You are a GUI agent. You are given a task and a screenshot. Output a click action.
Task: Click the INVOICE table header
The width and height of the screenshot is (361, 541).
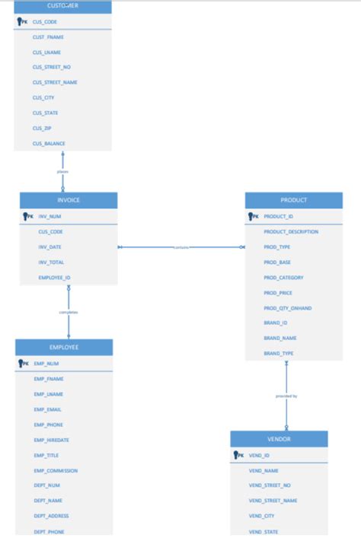(69, 200)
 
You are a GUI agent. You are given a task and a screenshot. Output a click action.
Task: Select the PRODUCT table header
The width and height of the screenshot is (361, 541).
(293, 200)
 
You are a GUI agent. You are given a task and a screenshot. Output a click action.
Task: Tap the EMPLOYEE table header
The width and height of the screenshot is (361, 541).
(64, 347)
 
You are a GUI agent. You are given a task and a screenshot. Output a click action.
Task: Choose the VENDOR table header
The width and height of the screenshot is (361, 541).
(279, 439)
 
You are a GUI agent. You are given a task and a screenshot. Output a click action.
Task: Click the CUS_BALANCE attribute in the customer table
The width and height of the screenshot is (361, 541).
(49, 144)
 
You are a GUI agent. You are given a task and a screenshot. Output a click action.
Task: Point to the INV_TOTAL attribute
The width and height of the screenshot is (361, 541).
(51, 263)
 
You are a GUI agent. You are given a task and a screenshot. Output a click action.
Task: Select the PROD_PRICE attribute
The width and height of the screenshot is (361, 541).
(278, 293)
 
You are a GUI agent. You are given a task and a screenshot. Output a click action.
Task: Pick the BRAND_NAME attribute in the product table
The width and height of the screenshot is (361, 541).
(280, 338)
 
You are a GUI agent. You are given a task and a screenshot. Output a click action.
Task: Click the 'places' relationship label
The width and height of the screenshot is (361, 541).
(62, 171)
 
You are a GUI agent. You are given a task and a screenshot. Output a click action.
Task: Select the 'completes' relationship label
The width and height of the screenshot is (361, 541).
(69, 312)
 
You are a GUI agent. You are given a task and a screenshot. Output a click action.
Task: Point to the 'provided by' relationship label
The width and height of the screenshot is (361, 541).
(286, 396)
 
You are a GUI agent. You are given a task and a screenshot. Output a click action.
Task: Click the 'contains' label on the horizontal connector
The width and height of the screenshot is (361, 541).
(181, 247)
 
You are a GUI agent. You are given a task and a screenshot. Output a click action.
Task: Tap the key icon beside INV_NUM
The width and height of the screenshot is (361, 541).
(27, 216)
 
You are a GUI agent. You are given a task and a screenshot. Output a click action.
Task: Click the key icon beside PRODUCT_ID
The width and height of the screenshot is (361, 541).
(253, 216)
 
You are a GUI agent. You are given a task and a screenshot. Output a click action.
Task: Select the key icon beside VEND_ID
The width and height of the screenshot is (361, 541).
(238, 455)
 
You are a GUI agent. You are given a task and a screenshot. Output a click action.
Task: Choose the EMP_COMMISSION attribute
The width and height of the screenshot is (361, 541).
(56, 470)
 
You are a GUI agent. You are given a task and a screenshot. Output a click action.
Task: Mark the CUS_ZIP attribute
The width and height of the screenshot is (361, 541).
(42, 129)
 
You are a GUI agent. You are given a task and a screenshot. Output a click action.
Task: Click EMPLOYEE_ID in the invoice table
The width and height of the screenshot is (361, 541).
(54, 278)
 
